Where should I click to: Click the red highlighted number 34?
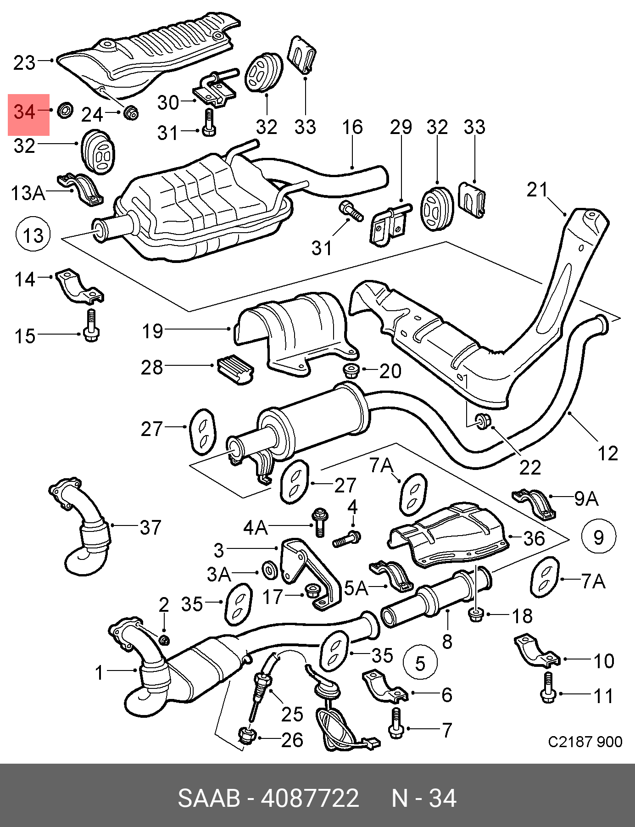pyautogui.click(x=24, y=112)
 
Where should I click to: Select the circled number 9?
pyautogui.click(x=599, y=536)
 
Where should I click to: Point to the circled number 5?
pyautogui.click(x=420, y=663)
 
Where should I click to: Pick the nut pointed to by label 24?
pyautogui.click(x=132, y=112)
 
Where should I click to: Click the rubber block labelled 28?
pyautogui.click(x=234, y=369)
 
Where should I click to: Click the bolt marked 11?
pyautogui.click(x=548, y=687)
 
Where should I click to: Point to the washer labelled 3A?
pyautogui.click(x=269, y=570)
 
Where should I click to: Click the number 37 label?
pyautogui.click(x=151, y=527)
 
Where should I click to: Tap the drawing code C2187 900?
pyautogui.click(x=585, y=742)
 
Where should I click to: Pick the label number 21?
pyautogui.click(x=537, y=189)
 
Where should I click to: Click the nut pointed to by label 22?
pyautogui.click(x=482, y=421)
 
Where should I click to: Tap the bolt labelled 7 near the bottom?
pyautogui.click(x=396, y=723)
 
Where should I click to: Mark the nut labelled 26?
pyautogui.click(x=247, y=736)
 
